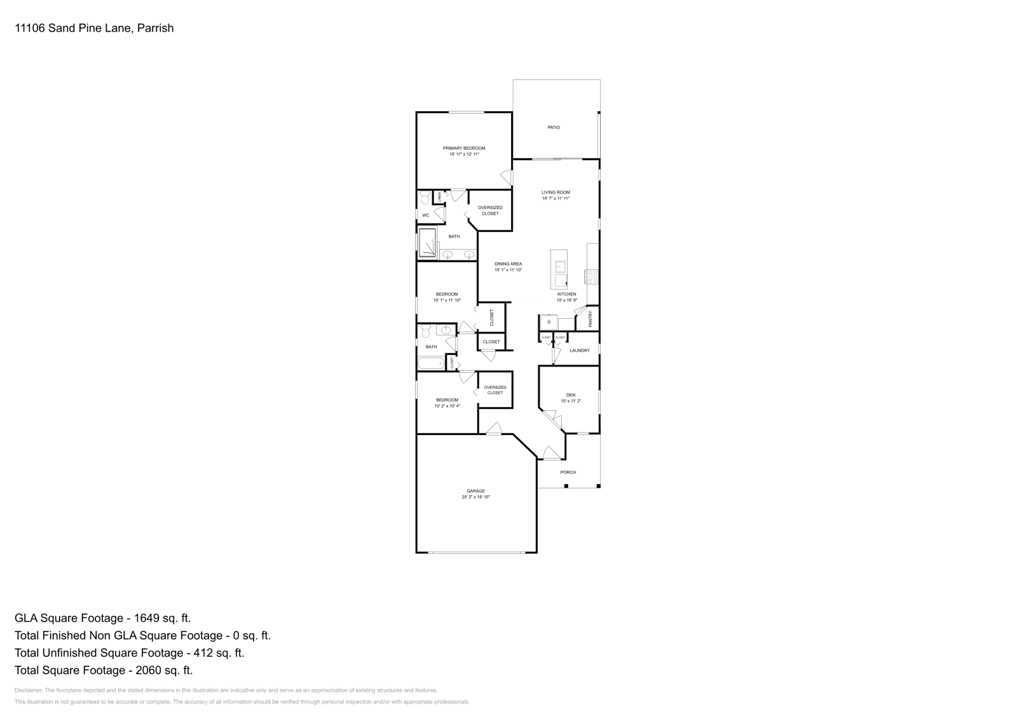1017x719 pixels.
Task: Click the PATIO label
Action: coord(554,128)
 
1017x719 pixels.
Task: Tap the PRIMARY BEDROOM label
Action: coord(464,148)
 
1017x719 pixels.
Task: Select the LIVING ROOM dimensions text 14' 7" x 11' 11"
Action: coord(556,198)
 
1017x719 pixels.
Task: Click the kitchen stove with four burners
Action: coord(592,276)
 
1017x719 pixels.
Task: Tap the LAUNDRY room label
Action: coord(580,351)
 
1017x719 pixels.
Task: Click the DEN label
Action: coord(570,395)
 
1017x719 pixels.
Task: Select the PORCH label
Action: coord(568,472)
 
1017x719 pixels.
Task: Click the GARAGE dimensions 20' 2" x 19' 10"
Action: coord(475,497)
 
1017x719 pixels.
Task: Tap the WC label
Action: coord(426,215)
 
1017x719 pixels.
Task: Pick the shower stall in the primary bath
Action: coord(427,243)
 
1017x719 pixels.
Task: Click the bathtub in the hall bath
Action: coord(432,364)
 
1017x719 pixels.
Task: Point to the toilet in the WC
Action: coord(425,199)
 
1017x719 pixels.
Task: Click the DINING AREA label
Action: coord(508,264)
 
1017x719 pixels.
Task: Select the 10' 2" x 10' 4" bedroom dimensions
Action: coord(447,406)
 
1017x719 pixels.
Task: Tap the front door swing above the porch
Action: coord(550,453)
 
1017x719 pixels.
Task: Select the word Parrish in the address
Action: coord(156,28)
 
